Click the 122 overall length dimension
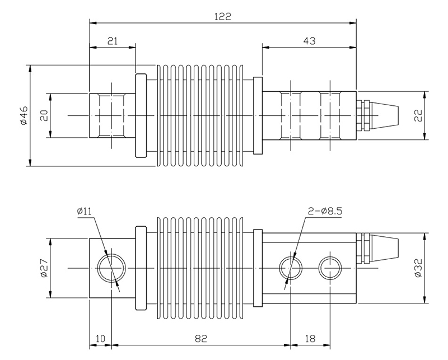[223, 16]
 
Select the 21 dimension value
[112, 40]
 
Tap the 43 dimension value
[309, 40]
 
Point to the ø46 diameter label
[23, 115]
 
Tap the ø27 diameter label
[44, 269]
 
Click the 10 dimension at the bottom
[100, 339]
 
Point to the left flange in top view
[141, 115]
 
